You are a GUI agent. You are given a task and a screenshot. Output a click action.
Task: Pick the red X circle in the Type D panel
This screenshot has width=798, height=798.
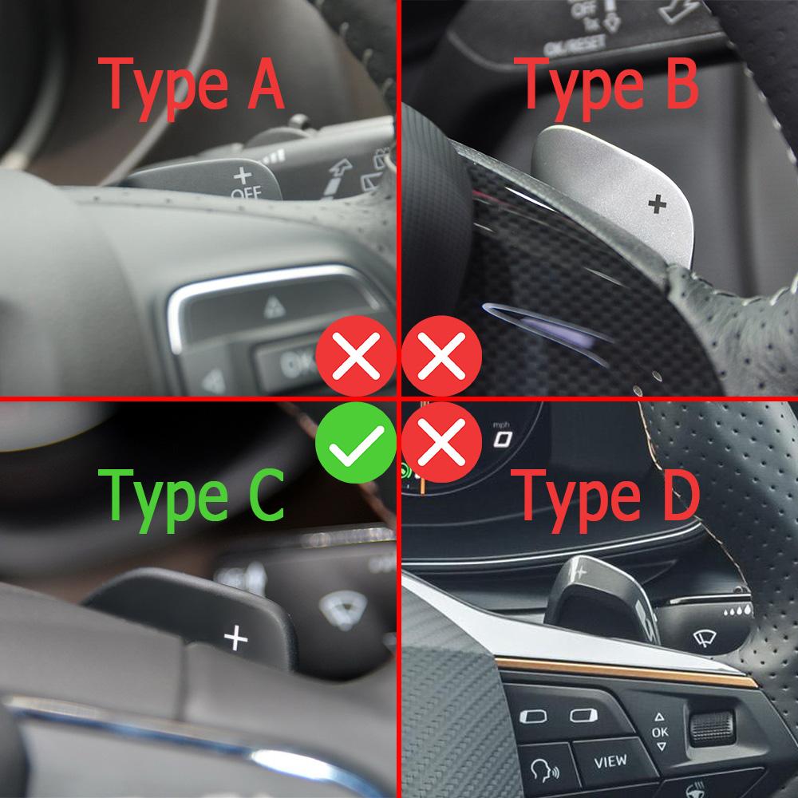pos(441,440)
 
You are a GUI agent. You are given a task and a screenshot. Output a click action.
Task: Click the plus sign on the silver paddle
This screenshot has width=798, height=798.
pos(657,204)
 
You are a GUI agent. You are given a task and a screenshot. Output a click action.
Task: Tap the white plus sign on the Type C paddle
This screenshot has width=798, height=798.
pos(235,637)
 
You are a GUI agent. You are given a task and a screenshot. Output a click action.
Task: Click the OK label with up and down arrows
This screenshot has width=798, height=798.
pos(659,731)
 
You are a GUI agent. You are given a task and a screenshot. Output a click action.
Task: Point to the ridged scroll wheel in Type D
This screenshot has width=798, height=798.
pos(712,725)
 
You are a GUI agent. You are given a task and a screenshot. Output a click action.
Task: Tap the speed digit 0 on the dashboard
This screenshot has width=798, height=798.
pos(502,439)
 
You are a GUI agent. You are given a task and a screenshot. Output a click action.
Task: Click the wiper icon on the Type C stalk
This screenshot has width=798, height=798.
pos(331,607)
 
